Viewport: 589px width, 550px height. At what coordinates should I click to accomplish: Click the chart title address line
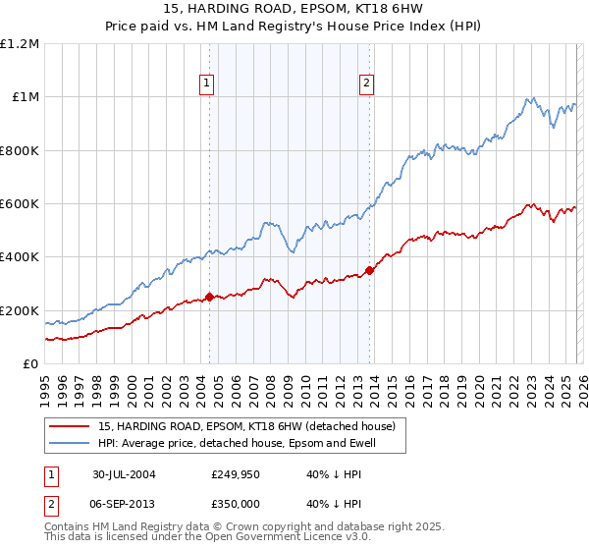click(x=294, y=9)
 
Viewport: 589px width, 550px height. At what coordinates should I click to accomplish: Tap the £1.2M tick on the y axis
click(x=21, y=44)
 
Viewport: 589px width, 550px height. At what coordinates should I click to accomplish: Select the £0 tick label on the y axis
click(x=29, y=364)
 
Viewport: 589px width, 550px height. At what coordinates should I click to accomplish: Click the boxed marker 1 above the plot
click(x=208, y=84)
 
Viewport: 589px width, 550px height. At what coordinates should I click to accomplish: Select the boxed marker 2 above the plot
click(x=366, y=84)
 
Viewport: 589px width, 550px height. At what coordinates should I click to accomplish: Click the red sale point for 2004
click(x=209, y=297)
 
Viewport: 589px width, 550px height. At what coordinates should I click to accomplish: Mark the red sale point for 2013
click(x=369, y=270)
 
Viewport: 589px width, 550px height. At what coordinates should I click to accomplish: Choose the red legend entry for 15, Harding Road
click(x=245, y=426)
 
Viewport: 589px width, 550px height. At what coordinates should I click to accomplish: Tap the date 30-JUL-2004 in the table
click(x=131, y=473)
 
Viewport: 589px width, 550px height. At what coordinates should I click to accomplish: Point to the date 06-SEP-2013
click(x=131, y=502)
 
